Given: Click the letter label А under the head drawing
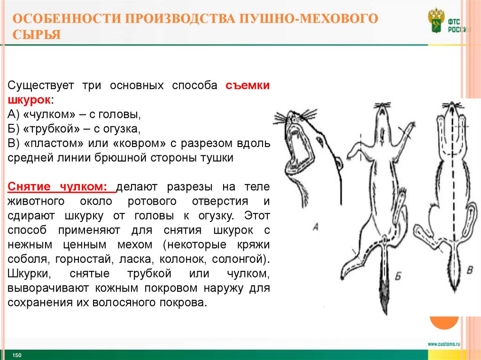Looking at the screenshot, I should coord(316,227).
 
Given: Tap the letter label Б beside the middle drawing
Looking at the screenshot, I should coord(398,276).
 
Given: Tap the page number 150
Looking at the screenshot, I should coord(17,355).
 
